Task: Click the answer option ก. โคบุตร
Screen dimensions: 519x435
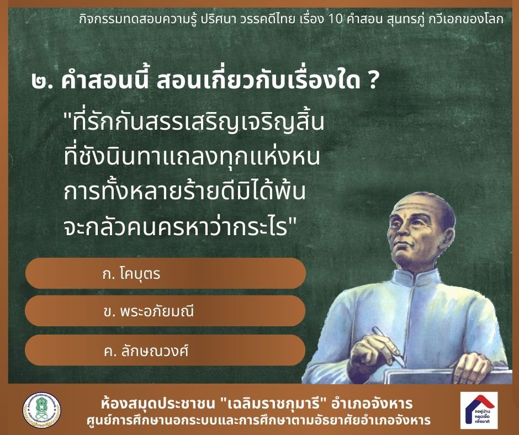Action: click(166, 273)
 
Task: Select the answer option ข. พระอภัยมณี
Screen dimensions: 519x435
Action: click(166, 311)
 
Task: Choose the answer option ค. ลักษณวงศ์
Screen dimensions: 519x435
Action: click(166, 350)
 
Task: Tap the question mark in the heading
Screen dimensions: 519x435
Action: click(372, 82)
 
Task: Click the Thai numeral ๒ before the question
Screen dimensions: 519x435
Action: click(40, 83)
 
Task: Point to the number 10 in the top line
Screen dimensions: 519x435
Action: click(335, 19)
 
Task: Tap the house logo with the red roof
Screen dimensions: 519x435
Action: click(479, 410)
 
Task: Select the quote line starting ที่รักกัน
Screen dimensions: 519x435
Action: click(194, 122)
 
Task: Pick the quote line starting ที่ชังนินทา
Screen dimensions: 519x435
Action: click(192, 157)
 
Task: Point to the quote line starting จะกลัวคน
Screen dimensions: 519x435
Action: click(179, 227)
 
